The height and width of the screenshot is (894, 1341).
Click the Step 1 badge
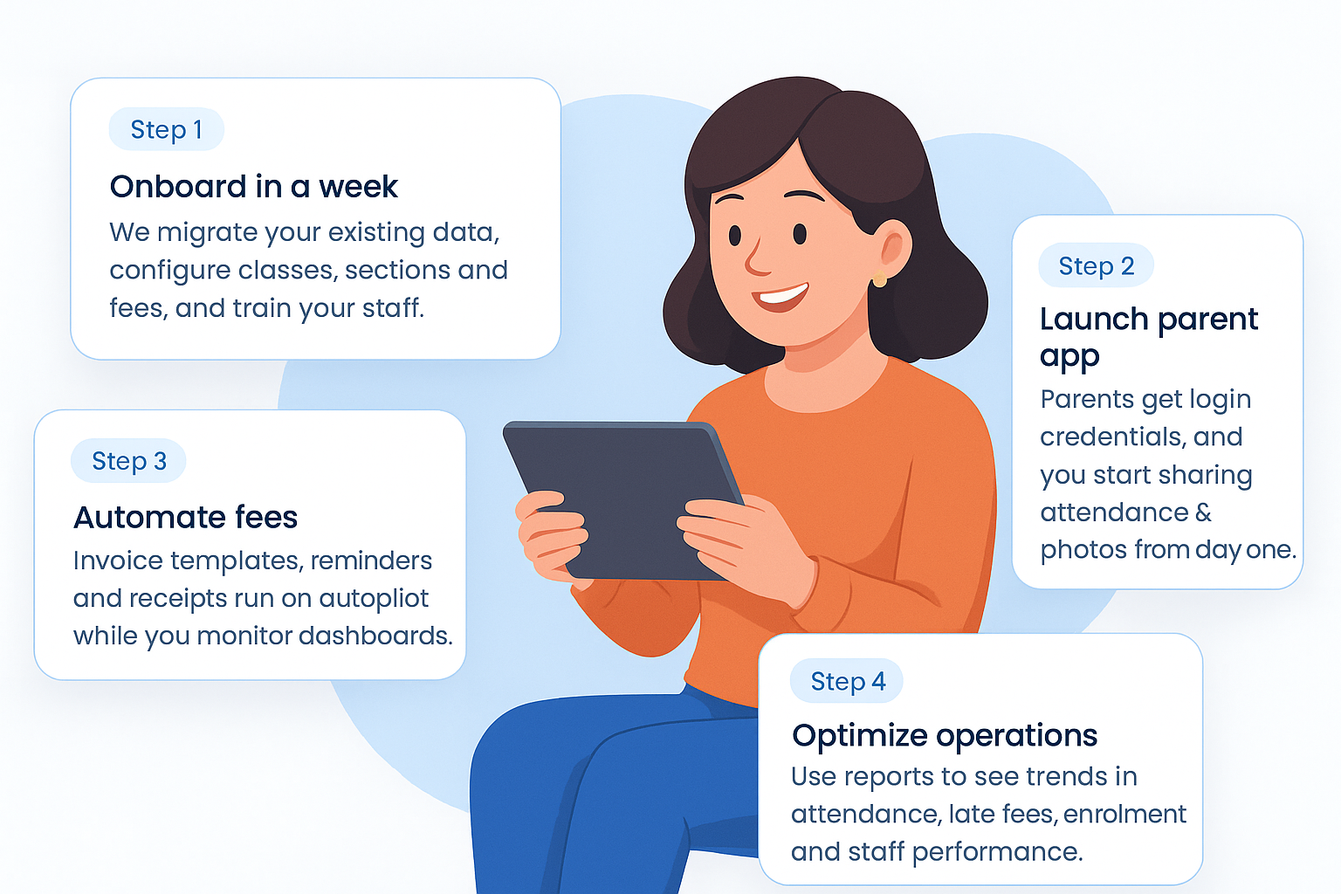(x=167, y=129)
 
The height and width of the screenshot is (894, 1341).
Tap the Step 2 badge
(x=1097, y=265)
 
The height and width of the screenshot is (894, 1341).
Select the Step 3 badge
(x=128, y=460)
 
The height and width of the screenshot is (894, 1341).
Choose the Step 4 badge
(x=847, y=681)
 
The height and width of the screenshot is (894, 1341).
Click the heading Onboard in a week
(x=254, y=186)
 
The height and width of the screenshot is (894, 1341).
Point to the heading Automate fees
(x=186, y=517)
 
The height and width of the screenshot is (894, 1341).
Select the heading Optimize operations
(x=945, y=735)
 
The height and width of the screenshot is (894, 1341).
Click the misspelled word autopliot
(x=374, y=598)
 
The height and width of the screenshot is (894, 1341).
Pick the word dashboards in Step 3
(x=375, y=636)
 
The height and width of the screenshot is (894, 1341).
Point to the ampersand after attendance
(x=1203, y=512)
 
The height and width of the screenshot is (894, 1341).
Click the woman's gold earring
(x=879, y=279)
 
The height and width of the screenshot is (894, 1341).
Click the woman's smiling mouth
(x=780, y=297)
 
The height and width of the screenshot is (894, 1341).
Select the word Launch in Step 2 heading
(x=1093, y=319)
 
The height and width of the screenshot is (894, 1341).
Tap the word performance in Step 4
(x=997, y=852)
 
